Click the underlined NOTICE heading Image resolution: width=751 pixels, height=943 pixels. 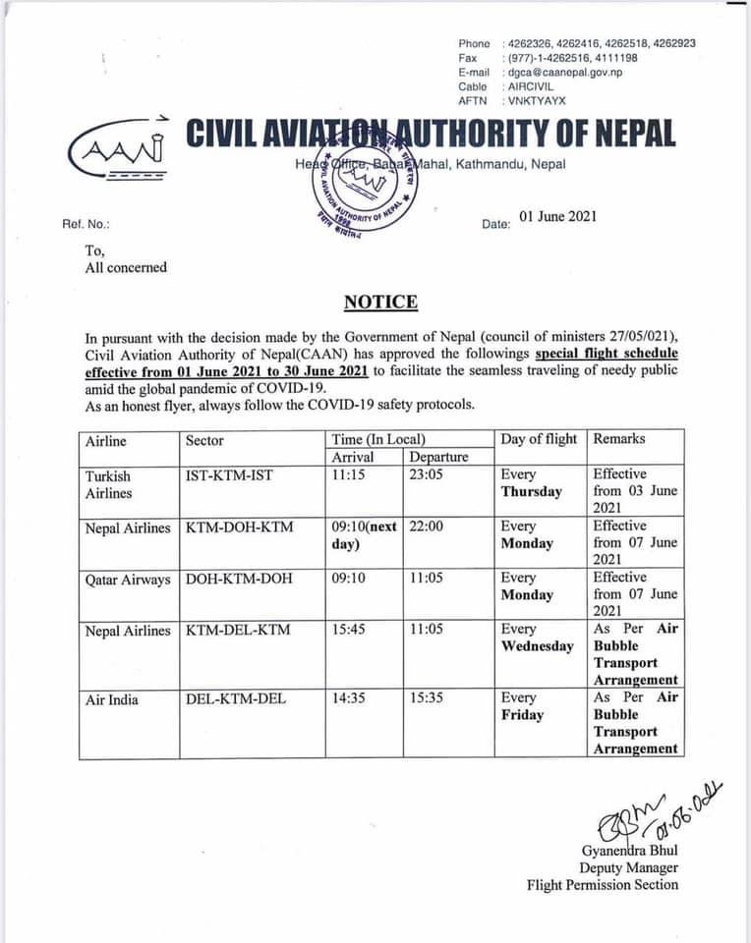tap(380, 303)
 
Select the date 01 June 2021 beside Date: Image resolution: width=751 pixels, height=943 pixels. tap(557, 217)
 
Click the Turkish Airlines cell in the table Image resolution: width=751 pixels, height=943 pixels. tap(107, 483)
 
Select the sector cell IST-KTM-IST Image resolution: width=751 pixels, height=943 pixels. tap(229, 475)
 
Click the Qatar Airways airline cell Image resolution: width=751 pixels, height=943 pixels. tap(128, 579)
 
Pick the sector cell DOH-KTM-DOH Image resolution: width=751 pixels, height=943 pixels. tap(239, 579)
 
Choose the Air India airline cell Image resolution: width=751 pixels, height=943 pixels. tap(112, 699)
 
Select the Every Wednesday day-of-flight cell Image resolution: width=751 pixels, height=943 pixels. tap(537, 638)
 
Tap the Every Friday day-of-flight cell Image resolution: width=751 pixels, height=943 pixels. tap(522, 706)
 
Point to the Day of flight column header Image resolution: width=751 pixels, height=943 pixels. tap(539, 439)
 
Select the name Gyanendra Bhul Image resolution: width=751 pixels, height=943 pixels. tap(630, 850)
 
